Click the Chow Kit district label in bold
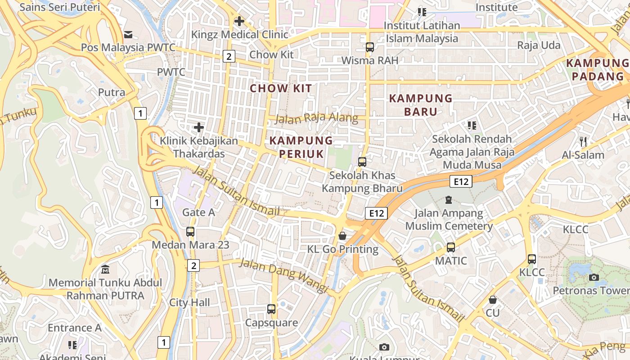(x=281, y=88)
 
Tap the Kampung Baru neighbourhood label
(x=420, y=104)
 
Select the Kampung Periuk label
(x=301, y=147)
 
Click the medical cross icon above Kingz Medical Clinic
(x=239, y=21)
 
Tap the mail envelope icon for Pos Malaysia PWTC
(x=128, y=34)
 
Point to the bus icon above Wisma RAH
(x=369, y=47)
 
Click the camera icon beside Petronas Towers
(x=594, y=277)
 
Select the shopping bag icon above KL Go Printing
(x=342, y=236)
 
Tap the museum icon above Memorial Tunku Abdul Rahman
(x=105, y=270)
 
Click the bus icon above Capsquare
(x=271, y=309)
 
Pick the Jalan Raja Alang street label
(x=316, y=119)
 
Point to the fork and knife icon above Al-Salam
(x=583, y=142)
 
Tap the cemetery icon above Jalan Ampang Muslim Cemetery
(x=448, y=199)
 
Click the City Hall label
(x=189, y=302)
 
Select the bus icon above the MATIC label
(x=450, y=247)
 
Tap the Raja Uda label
(x=539, y=45)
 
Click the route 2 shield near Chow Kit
(x=229, y=56)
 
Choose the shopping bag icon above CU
(x=493, y=299)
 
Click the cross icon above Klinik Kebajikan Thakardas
(x=198, y=127)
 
